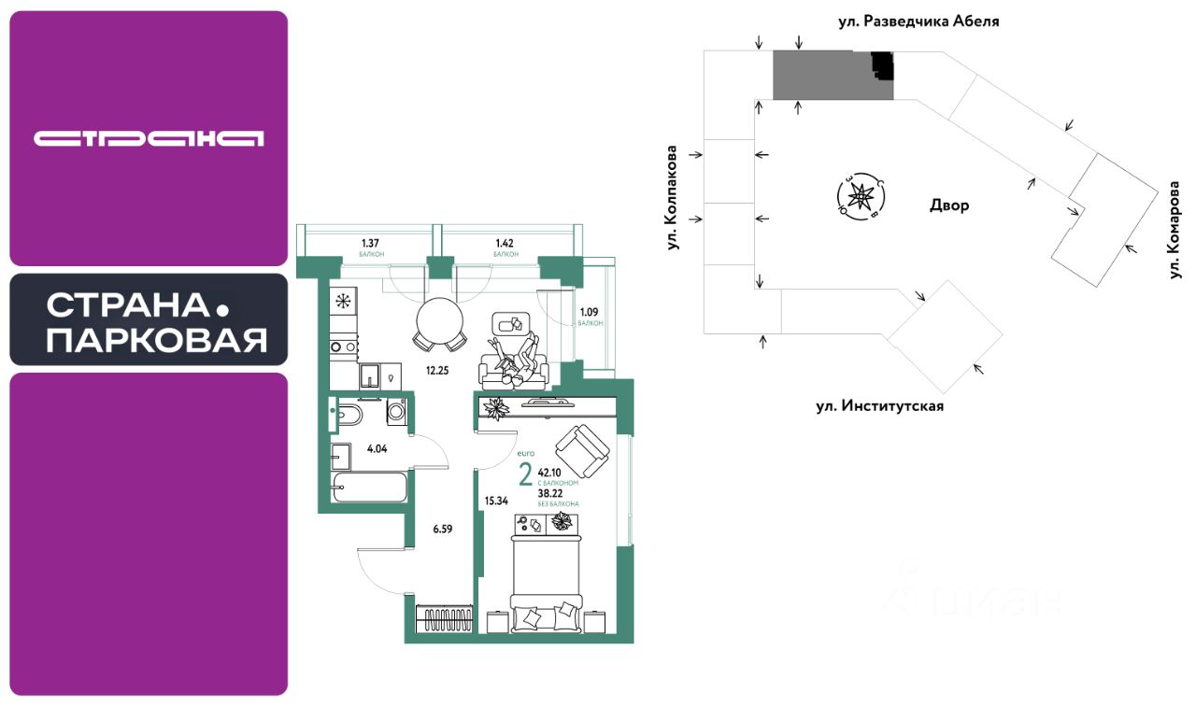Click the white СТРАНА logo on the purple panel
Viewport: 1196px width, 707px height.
coord(149,138)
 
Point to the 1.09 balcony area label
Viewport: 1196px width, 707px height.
coord(590,312)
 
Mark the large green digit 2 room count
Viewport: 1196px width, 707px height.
coord(525,475)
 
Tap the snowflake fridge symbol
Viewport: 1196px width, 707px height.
coord(344,301)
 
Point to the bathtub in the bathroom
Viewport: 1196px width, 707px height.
coord(370,488)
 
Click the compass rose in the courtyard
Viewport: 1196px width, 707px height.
coord(860,195)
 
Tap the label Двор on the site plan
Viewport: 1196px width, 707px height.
coord(949,205)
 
